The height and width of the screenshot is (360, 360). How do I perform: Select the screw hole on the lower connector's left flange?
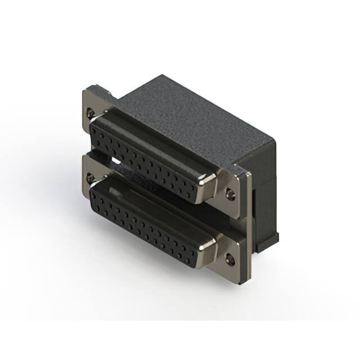[91, 178]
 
